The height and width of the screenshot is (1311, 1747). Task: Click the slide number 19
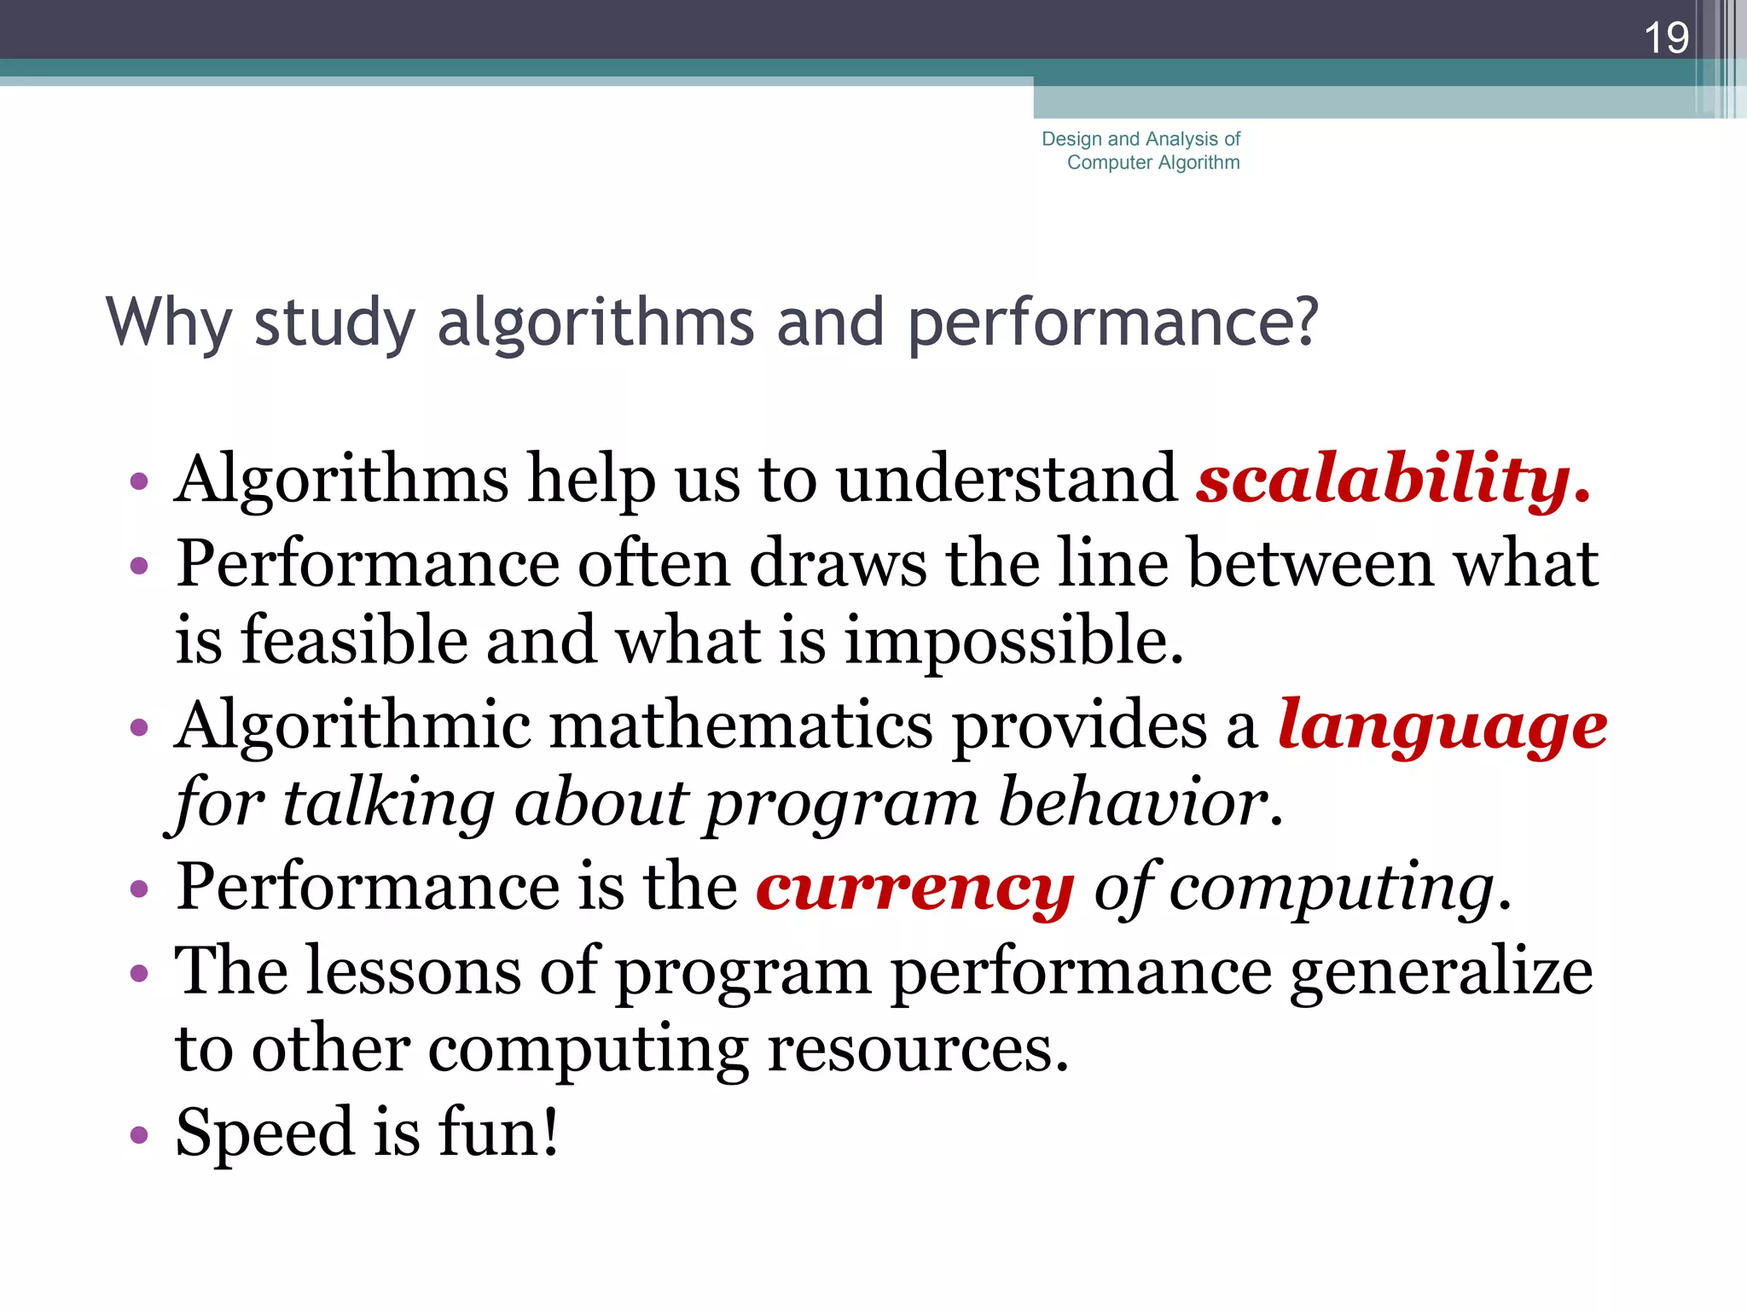click(1665, 38)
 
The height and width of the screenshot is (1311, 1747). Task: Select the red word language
click(1442, 726)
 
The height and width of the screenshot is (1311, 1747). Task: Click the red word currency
click(914, 888)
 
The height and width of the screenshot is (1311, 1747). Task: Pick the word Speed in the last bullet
click(264, 1133)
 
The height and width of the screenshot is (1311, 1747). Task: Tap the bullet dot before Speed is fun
click(139, 1136)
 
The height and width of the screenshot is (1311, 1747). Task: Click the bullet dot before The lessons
click(139, 974)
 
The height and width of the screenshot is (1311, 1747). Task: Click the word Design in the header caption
click(1071, 139)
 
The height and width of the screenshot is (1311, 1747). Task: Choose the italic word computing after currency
click(1331, 888)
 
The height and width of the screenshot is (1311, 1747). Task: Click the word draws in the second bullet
click(838, 564)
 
